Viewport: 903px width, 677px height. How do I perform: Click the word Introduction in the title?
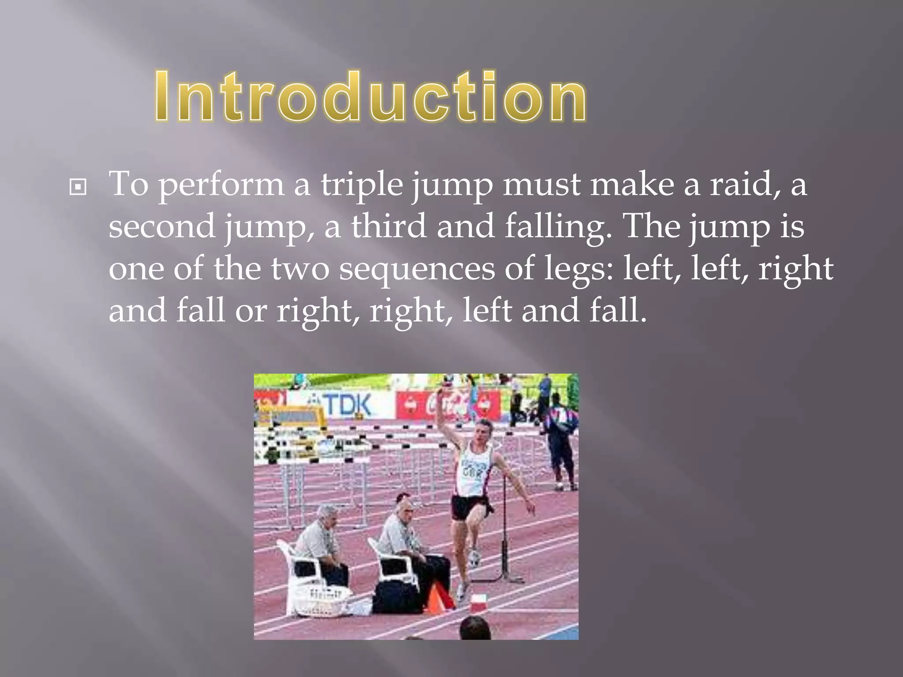coord(370,96)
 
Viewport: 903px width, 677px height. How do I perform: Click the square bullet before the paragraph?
coord(78,187)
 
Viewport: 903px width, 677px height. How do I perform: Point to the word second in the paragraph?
coord(162,226)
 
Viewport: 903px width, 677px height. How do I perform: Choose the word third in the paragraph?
coord(388,226)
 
